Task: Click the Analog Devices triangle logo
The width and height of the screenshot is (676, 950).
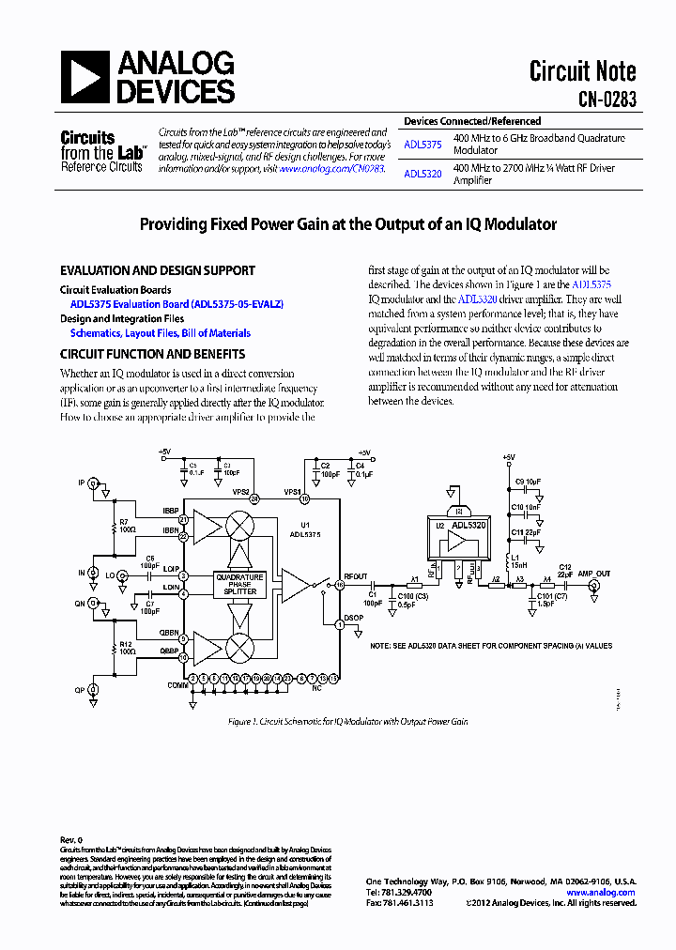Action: pyautogui.click(x=84, y=77)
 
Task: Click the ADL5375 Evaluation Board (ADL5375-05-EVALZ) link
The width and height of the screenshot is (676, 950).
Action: pyautogui.click(x=177, y=304)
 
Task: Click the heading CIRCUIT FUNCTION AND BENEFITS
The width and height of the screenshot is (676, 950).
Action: pyautogui.click(x=152, y=354)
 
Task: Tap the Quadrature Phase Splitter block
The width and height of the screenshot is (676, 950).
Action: pyautogui.click(x=240, y=582)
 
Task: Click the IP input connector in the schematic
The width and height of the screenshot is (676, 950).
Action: pyautogui.click(x=93, y=483)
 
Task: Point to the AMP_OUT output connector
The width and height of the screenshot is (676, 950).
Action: pyautogui.click(x=593, y=585)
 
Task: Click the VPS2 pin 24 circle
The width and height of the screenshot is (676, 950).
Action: pyautogui.click(x=253, y=499)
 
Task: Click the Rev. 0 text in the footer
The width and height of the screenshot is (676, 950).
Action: pyautogui.click(x=71, y=839)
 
